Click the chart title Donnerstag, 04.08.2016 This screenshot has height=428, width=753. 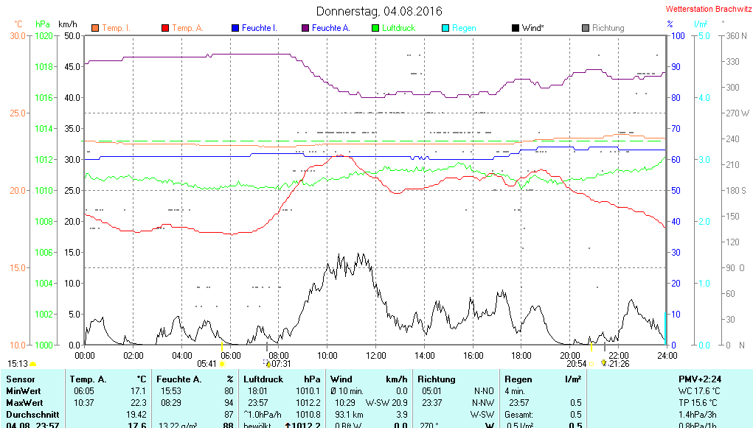[379, 11]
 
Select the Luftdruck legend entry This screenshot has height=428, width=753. [398, 28]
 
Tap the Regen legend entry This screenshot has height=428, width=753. [464, 28]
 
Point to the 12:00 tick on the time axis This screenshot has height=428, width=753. [375, 355]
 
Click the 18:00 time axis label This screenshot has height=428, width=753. [521, 355]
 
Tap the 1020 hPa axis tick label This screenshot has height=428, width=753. [44, 35]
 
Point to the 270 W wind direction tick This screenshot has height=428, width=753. [738, 113]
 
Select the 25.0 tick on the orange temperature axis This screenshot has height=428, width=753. [17, 113]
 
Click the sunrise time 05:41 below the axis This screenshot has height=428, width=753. [207, 364]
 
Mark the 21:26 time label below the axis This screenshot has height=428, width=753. [618, 364]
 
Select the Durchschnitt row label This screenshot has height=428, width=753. [30, 415]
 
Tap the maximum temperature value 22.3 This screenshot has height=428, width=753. [137, 403]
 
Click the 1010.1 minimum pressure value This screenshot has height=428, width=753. [308, 390]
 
